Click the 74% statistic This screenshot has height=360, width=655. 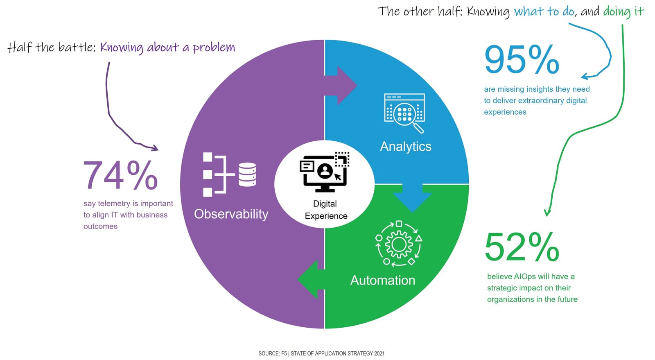120,175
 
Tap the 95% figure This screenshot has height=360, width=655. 522,60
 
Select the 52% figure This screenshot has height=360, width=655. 522,247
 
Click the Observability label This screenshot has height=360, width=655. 231,214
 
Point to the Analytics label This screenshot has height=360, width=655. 405,146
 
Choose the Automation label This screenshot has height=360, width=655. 382,280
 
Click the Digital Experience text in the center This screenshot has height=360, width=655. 325,210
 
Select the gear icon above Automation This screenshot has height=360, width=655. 399,244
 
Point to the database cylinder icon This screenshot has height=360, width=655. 247,174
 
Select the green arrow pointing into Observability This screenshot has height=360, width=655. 312,279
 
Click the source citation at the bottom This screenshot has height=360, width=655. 321,353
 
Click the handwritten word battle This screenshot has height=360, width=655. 76,47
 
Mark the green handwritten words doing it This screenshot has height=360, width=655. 623,11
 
